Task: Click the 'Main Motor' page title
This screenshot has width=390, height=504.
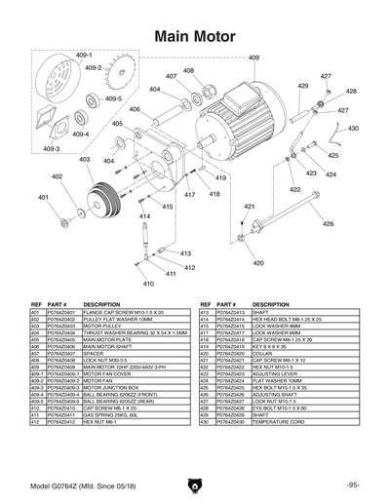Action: [x=195, y=37]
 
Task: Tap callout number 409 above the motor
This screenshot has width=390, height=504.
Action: [x=254, y=59]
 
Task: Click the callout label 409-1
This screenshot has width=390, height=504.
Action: [x=83, y=57]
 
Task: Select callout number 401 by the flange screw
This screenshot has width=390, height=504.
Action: [x=43, y=197]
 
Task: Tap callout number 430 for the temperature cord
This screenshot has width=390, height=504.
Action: [x=353, y=128]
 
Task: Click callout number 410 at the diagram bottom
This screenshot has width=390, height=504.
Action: [x=149, y=284]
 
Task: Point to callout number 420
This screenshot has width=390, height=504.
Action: [x=258, y=263]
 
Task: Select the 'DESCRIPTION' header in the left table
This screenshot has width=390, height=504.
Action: [x=101, y=304]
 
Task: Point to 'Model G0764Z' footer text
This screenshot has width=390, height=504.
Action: [x=68, y=485]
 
